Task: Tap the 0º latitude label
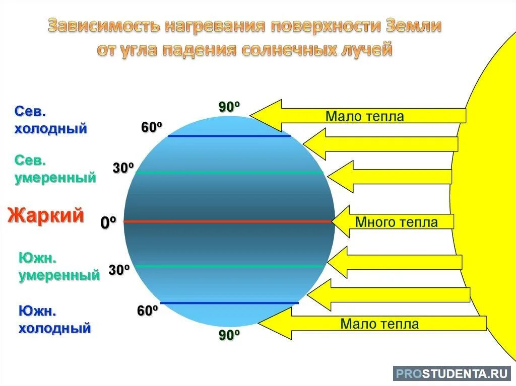(x=108, y=222)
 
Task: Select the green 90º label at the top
(x=229, y=107)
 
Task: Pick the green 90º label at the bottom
(x=229, y=335)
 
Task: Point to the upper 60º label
(x=151, y=128)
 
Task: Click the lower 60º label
(x=148, y=311)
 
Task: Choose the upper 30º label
(x=123, y=168)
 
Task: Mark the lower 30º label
(x=119, y=270)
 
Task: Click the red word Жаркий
(x=45, y=215)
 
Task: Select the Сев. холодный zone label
(x=50, y=120)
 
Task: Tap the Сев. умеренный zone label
(x=55, y=169)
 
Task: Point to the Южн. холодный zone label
(x=55, y=320)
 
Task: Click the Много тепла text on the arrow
(x=396, y=222)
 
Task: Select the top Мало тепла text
(x=364, y=117)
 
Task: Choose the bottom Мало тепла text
(x=379, y=324)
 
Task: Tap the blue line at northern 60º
(x=229, y=136)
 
